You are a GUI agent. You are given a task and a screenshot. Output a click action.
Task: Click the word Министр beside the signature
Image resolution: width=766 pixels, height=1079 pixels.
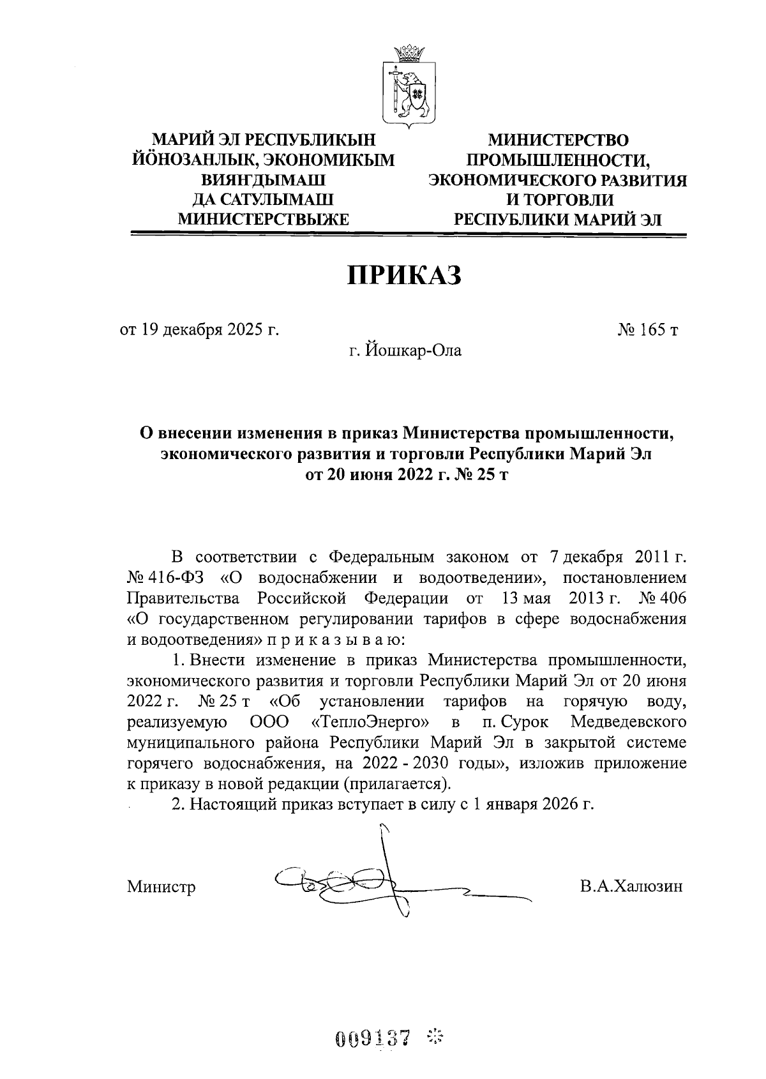click(161, 887)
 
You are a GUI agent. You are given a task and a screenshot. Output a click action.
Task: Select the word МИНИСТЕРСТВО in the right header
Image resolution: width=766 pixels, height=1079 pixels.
click(558, 140)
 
